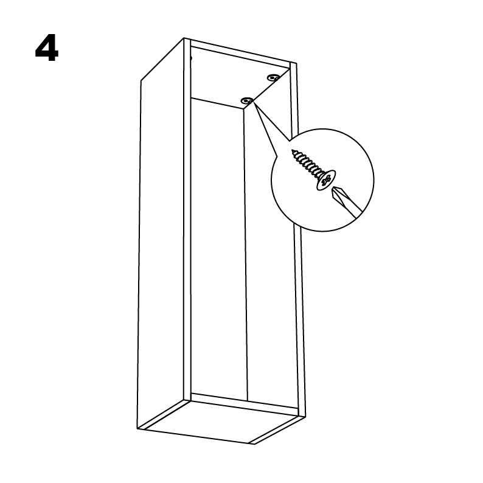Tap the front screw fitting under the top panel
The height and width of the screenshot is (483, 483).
[247, 100]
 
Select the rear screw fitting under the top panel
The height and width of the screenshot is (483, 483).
[273, 77]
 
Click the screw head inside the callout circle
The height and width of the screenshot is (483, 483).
[326, 180]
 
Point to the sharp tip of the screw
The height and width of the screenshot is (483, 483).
[293, 151]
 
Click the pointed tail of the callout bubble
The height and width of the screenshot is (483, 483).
[253, 102]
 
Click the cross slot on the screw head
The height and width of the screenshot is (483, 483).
[327, 181]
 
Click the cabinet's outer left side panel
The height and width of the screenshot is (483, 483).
[162, 234]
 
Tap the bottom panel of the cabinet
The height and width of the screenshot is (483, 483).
[220, 422]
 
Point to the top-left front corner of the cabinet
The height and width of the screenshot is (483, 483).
[184, 38]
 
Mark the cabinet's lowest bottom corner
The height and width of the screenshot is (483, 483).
[254, 444]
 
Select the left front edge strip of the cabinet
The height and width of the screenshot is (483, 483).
[187, 220]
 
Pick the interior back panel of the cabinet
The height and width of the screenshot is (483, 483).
[219, 249]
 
